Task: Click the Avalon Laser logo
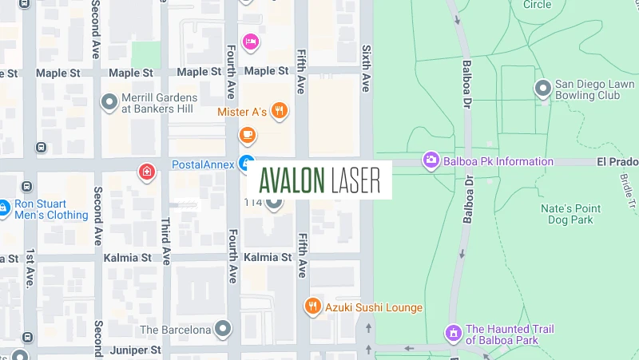click(319, 180)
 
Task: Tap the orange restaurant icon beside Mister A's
click(279, 111)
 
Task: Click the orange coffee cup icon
click(248, 135)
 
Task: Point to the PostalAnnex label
click(203, 164)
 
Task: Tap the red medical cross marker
click(146, 171)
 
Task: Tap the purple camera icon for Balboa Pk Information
click(431, 160)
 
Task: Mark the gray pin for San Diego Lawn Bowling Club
click(543, 89)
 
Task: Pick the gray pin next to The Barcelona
click(223, 329)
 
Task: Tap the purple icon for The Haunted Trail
click(453, 332)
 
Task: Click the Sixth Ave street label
click(367, 68)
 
